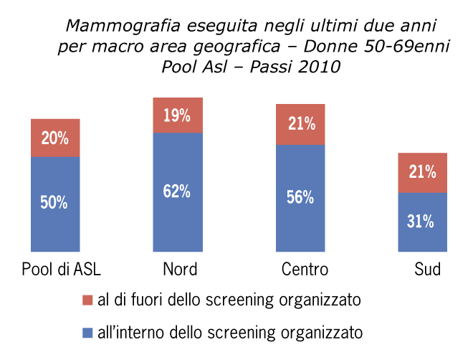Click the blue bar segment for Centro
[300, 222]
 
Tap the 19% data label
[176, 115]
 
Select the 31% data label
[421, 222]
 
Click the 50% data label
[54, 203]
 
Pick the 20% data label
[54, 138]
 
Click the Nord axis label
[179, 270]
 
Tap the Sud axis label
[427, 270]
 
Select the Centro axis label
[305, 270]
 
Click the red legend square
[88, 299]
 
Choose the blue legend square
[88, 333]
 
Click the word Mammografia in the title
[113, 27]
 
